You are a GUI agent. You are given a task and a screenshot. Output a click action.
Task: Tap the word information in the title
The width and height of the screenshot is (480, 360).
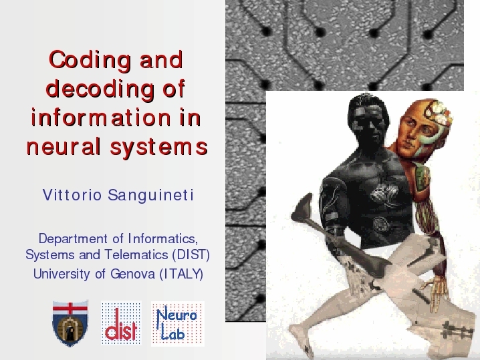click(101, 118)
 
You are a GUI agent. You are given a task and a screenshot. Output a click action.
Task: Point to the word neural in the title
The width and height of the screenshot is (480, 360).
click(64, 146)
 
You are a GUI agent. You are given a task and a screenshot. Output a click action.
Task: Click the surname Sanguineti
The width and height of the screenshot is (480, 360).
click(150, 196)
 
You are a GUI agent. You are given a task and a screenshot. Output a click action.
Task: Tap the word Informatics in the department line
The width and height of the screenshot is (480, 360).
click(162, 239)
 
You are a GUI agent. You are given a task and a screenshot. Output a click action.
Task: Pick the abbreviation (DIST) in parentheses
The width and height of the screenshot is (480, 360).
click(191, 254)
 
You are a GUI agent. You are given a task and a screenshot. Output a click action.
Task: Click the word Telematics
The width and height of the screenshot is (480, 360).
click(136, 254)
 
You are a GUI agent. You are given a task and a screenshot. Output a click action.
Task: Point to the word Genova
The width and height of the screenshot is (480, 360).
click(132, 274)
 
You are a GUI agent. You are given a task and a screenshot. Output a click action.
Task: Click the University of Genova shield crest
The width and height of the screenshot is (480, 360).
click(70, 323)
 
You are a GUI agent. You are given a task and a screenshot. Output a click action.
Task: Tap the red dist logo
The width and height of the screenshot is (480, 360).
click(121, 323)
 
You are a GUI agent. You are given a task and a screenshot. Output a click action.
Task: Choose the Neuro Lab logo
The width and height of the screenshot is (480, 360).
click(178, 324)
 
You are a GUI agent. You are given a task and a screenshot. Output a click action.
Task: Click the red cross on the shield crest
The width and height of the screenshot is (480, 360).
click(70, 309)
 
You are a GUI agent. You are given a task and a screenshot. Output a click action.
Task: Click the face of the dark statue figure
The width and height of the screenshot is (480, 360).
click(368, 126)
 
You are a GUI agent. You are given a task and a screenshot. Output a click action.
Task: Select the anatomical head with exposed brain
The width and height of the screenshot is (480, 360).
click(423, 128)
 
